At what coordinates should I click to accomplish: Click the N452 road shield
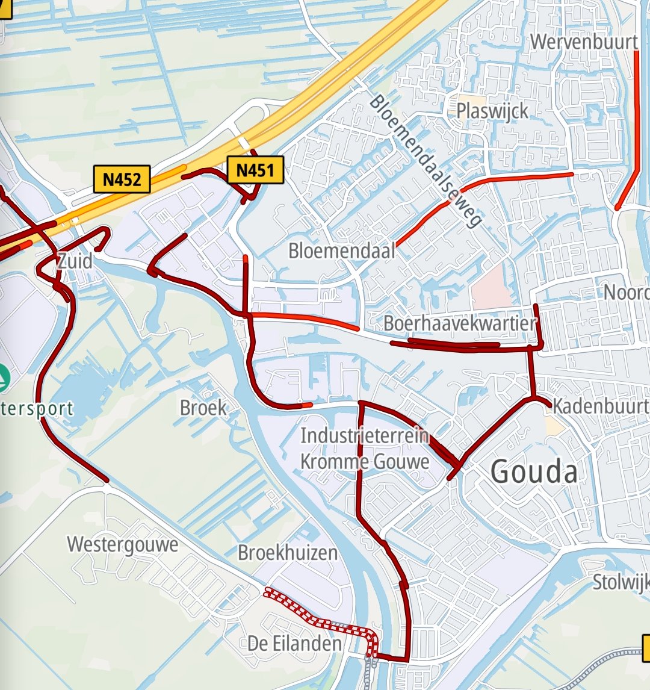click(x=122, y=179)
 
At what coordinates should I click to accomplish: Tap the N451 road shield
click(x=255, y=170)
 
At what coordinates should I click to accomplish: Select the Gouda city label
click(x=534, y=471)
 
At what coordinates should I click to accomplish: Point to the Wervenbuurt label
click(x=584, y=42)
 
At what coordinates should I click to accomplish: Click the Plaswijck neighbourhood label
click(x=492, y=111)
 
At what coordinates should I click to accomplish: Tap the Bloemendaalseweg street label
click(x=426, y=161)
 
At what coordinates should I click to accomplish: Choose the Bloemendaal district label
click(x=341, y=250)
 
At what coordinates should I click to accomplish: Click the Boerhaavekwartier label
click(x=459, y=323)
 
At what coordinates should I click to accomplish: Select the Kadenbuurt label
click(x=600, y=406)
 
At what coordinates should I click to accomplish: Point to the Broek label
click(x=203, y=408)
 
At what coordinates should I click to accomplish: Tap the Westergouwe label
click(x=123, y=545)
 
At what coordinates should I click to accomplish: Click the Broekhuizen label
click(x=287, y=552)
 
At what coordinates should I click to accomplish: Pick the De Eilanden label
click(x=294, y=644)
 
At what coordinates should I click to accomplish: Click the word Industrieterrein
click(x=364, y=435)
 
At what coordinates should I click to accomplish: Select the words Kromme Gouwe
click(x=365, y=462)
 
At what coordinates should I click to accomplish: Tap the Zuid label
click(x=75, y=261)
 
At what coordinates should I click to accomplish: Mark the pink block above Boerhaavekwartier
click(x=491, y=288)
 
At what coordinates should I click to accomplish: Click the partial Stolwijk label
click(x=621, y=582)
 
